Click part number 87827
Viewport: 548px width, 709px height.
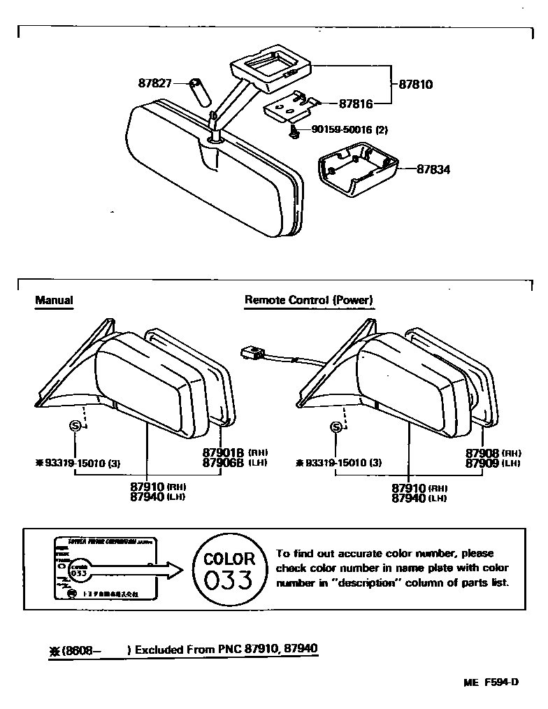[x=155, y=83]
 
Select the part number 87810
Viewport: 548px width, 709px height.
[x=416, y=85]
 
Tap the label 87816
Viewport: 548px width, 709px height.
[x=356, y=103]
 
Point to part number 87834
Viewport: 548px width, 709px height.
[x=434, y=169]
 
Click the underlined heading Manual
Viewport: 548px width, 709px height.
[x=55, y=301]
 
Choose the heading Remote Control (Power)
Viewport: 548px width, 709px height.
[x=309, y=301]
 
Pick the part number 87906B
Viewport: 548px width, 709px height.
[x=222, y=463]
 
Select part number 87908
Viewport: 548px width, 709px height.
[x=482, y=453]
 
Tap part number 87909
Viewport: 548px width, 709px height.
[x=482, y=463]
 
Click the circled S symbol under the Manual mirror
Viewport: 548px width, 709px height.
[x=76, y=426]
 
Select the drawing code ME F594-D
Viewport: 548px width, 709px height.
[x=491, y=683]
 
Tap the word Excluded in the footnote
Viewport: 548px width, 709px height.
[x=159, y=650]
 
